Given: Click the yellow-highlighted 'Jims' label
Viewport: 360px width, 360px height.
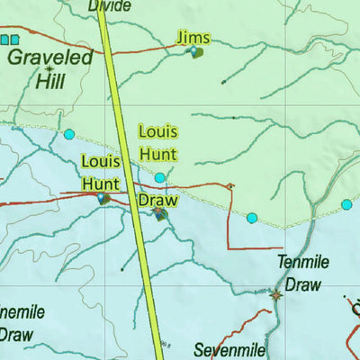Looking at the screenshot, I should coord(193,37).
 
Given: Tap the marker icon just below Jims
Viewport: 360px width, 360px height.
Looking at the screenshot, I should coord(195,53).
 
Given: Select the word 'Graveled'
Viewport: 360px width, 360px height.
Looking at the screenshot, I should coord(50,58).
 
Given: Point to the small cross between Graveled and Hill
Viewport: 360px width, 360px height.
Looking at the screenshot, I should coord(49,69).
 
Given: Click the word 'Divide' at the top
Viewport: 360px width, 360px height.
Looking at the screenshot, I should coord(109,6).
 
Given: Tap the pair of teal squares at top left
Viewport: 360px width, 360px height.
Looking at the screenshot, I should coord(9,40).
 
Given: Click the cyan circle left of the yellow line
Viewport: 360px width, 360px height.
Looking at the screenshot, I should coord(69,135).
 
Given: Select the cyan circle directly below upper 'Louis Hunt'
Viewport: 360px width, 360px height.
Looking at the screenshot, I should coord(160,177).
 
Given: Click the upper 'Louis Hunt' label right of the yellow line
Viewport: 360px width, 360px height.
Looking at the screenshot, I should coord(158,142).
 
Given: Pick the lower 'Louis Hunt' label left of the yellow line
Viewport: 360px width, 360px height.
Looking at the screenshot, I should coord(101,172).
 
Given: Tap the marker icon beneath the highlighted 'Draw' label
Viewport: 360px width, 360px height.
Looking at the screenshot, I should coord(160,214).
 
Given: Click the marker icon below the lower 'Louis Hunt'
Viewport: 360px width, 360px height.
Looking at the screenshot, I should coord(104,197).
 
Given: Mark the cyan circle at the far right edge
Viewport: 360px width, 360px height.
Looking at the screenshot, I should coord(346,205).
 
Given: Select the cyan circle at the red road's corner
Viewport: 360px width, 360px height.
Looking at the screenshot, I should coord(252,218).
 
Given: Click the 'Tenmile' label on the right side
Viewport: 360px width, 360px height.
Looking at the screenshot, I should coord(302,264).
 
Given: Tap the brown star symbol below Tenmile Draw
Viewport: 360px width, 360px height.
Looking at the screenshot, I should coord(275,294).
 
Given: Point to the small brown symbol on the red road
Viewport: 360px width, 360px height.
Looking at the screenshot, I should coord(230,186).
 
